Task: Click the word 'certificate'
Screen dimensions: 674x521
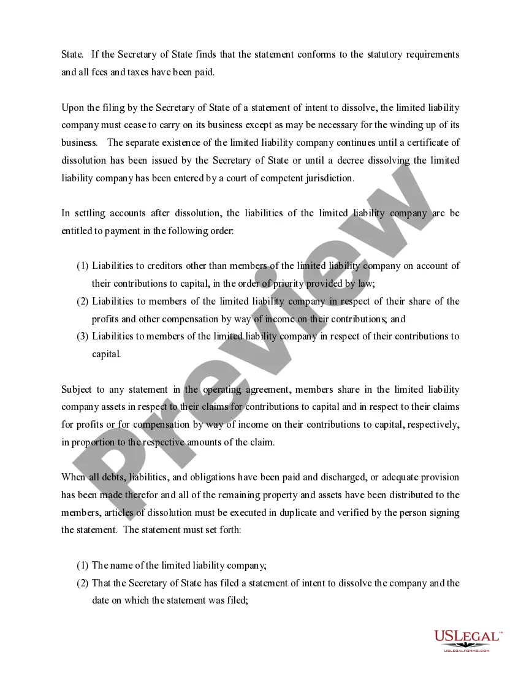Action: (425, 143)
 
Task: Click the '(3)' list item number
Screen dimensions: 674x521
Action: (83, 336)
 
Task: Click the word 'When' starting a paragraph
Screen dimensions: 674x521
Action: (74, 477)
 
